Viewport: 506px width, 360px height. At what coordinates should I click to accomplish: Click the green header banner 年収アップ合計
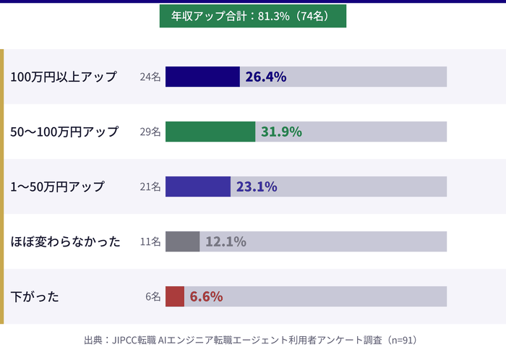[252, 16]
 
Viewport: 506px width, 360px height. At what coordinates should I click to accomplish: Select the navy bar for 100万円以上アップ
[202, 77]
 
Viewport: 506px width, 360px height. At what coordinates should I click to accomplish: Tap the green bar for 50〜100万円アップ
[210, 132]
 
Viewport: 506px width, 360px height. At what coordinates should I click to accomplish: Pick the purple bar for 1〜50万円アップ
[198, 187]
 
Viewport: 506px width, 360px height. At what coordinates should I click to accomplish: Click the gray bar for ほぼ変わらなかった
[182, 241]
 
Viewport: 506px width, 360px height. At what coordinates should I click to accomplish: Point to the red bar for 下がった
[175, 296]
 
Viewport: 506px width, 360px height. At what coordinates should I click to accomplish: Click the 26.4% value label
[266, 77]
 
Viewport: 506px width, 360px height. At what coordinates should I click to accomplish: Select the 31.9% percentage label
[281, 132]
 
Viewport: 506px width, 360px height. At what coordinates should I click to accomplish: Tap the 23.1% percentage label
[257, 187]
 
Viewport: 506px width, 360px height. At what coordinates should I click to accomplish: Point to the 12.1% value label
[226, 241]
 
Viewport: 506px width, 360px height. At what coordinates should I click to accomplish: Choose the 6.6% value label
[206, 296]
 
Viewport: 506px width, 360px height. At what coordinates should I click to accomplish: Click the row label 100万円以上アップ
[64, 77]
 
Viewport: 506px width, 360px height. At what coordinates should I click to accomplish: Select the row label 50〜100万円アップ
[64, 132]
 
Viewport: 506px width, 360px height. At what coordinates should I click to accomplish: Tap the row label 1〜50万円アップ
[58, 187]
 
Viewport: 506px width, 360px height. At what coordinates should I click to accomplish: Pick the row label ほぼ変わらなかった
[66, 241]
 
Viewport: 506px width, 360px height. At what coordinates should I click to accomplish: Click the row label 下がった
[35, 296]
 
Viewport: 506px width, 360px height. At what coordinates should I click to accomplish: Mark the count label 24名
[150, 77]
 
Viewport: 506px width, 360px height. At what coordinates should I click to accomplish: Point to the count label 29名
[150, 132]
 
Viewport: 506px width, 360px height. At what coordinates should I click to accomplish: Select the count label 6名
[153, 296]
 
